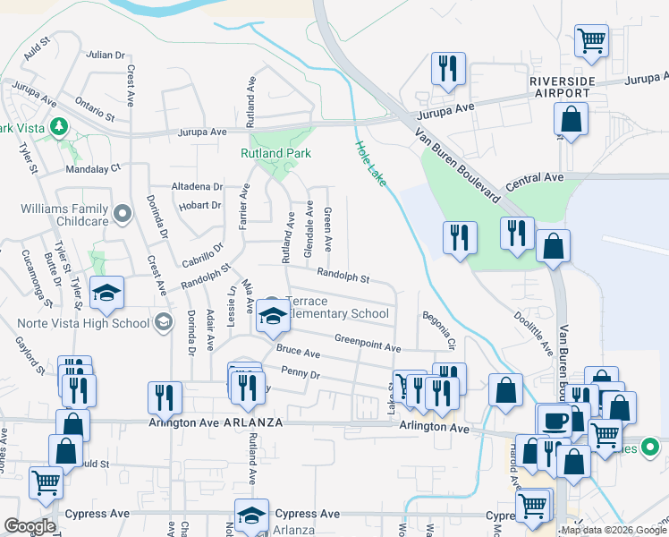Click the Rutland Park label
pos(275,153)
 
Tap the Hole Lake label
pos(371,164)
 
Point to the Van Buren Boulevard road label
pos(455,166)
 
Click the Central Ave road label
pos(535,178)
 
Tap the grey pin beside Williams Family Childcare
pos(123,213)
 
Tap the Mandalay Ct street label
pos(92,167)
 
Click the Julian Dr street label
pos(106,55)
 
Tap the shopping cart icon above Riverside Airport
pos(591,39)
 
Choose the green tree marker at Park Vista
pos(60,127)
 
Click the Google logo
pos(30,526)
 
